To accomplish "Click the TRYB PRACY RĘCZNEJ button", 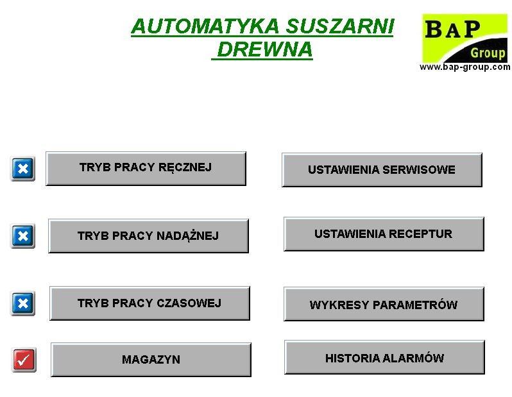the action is [x=146, y=169].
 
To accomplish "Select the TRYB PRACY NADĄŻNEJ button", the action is [x=148, y=236].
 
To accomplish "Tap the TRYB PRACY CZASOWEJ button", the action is [x=149, y=303].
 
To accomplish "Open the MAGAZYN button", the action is [x=151, y=359].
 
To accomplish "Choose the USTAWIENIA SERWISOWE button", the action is [x=382, y=170].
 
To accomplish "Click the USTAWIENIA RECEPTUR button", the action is [x=384, y=233].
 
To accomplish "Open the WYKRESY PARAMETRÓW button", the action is [x=384, y=304].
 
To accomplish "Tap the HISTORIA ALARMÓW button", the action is [x=384, y=357].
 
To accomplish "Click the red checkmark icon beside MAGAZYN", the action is [x=24, y=360].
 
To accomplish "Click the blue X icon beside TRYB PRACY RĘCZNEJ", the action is [x=22, y=169].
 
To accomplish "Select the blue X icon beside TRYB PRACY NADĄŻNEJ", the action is [x=22, y=236].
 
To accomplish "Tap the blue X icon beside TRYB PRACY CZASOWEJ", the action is [x=22, y=303].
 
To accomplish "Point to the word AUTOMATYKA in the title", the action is [x=205, y=26].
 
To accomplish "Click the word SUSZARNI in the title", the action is [x=340, y=26].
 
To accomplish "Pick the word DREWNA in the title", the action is [x=265, y=49].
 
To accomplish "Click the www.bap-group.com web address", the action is [x=465, y=67].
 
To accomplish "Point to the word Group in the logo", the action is [x=488, y=53].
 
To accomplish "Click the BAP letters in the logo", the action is [x=452, y=29].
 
